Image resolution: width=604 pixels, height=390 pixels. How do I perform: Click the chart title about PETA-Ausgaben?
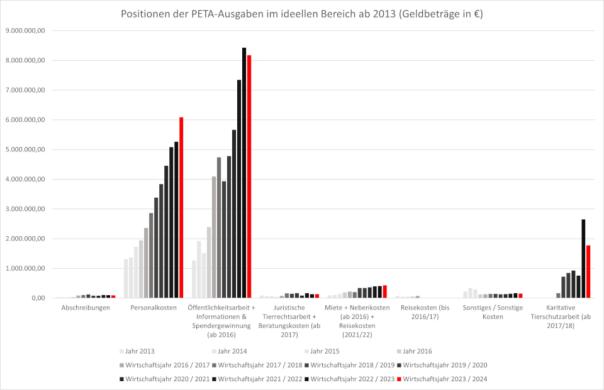(x=302, y=14)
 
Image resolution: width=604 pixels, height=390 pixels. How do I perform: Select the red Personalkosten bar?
(x=181, y=207)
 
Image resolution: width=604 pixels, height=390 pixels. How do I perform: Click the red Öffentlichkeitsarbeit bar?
(x=249, y=176)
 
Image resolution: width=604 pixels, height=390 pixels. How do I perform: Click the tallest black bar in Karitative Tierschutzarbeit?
(x=583, y=258)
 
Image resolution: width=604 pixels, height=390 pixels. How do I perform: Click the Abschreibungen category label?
(x=86, y=308)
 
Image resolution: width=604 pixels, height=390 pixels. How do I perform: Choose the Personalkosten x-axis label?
(x=154, y=308)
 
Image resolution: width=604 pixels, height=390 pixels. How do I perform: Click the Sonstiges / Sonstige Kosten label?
(x=493, y=312)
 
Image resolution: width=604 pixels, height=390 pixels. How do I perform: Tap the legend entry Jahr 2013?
(x=140, y=351)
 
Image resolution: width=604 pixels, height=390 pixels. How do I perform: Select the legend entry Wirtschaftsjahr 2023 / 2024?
(x=444, y=379)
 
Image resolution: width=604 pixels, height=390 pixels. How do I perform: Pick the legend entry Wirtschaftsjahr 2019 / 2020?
(x=444, y=365)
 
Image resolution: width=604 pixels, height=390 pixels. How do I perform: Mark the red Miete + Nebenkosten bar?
(x=385, y=291)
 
